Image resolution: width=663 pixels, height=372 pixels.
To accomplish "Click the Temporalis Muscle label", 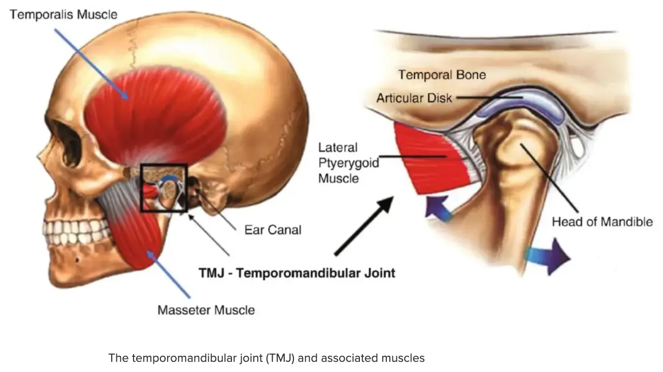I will point(63,14).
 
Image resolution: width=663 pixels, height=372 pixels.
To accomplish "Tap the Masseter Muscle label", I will point(206,309).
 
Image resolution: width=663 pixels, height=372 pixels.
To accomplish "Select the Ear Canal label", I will point(273,230).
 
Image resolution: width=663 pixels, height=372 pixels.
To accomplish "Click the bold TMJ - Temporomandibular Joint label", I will point(296,273).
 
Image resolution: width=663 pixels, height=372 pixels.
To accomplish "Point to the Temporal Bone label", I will point(442,75).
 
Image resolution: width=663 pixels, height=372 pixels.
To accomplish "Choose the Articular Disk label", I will point(414,98).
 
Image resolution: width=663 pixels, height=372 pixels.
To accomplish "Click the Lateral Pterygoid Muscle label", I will point(339,163).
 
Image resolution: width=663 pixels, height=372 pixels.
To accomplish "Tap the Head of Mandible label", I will point(602,222).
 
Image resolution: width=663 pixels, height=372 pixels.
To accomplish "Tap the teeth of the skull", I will point(76,231).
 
